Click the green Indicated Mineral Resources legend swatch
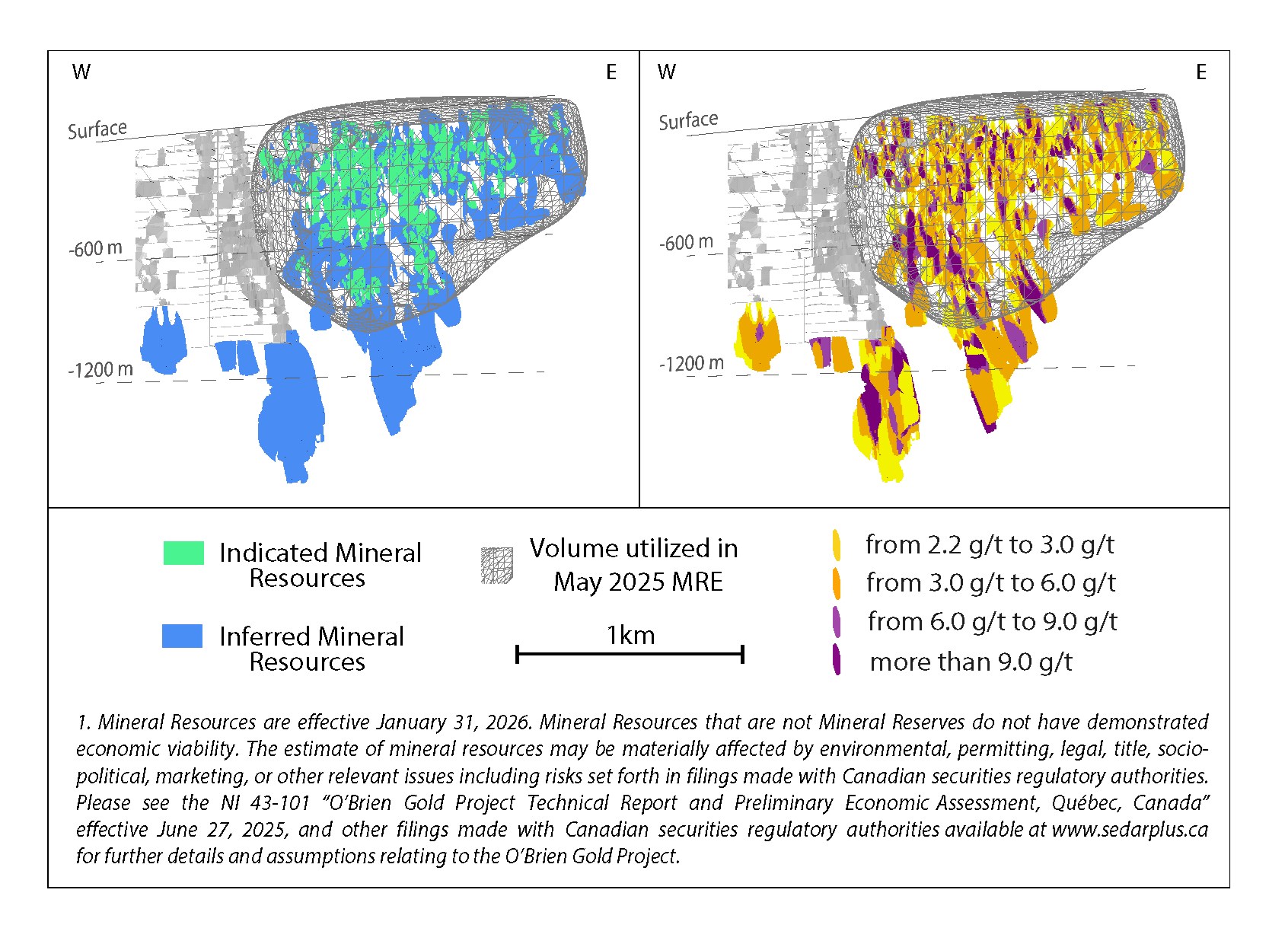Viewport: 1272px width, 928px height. click(x=183, y=553)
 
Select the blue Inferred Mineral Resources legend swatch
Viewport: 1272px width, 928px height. click(x=183, y=636)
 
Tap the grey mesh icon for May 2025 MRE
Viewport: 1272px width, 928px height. click(x=497, y=566)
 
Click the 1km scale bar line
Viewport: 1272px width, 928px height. click(x=630, y=653)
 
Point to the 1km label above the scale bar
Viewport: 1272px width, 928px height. click(x=630, y=635)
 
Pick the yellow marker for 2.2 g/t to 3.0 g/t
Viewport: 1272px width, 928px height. click(x=837, y=545)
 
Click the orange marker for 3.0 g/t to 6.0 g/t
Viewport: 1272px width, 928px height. click(x=837, y=583)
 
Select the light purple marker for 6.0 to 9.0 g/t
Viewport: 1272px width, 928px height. click(x=837, y=622)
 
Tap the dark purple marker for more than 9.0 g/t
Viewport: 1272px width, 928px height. click(x=837, y=660)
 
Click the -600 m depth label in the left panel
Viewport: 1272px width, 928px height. click(x=96, y=249)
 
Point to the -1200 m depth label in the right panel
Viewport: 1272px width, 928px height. click(x=691, y=364)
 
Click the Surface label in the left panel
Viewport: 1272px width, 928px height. click(x=97, y=130)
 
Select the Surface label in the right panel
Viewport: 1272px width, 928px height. click(x=688, y=121)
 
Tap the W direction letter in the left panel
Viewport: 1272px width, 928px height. click(x=81, y=72)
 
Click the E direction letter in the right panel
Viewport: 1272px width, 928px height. click(x=1201, y=72)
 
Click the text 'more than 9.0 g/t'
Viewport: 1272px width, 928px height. click(x=971, y=662)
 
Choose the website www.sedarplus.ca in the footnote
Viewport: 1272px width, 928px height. click(x=1130, y=829)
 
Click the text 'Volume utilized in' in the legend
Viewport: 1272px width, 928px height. click(x=633, y=548)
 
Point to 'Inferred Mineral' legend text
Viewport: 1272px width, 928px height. click(x=311, y=636)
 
